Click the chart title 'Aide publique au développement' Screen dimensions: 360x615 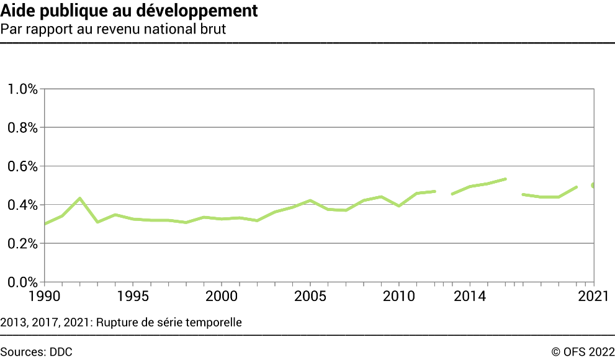[x=130, y=11]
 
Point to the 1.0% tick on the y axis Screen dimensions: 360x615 [x=22, y=89]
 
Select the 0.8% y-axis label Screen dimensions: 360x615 [x=22, y=128]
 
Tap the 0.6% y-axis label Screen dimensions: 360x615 [x=22, y=166]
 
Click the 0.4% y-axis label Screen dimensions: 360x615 [x=22, y=205]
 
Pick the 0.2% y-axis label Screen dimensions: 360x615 [x=22, y=244]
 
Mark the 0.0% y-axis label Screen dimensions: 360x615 [x=22, y=282]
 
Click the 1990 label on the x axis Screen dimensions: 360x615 [x=45, y=296]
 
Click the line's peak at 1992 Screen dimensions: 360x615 [x=80, y=199]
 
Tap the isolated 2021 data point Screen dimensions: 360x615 [x=593, y=186]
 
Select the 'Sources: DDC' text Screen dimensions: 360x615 [x=37, y=352]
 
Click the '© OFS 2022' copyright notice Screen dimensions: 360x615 [x=582, y=352]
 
